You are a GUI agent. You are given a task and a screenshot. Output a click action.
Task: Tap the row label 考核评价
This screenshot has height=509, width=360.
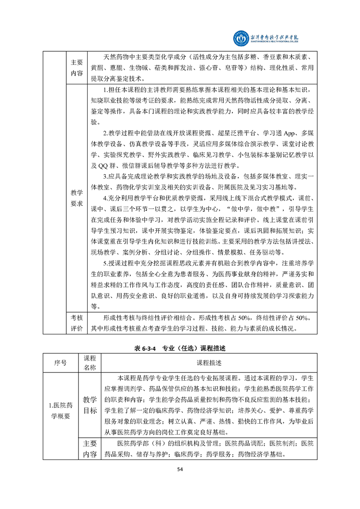coord(77,323)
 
